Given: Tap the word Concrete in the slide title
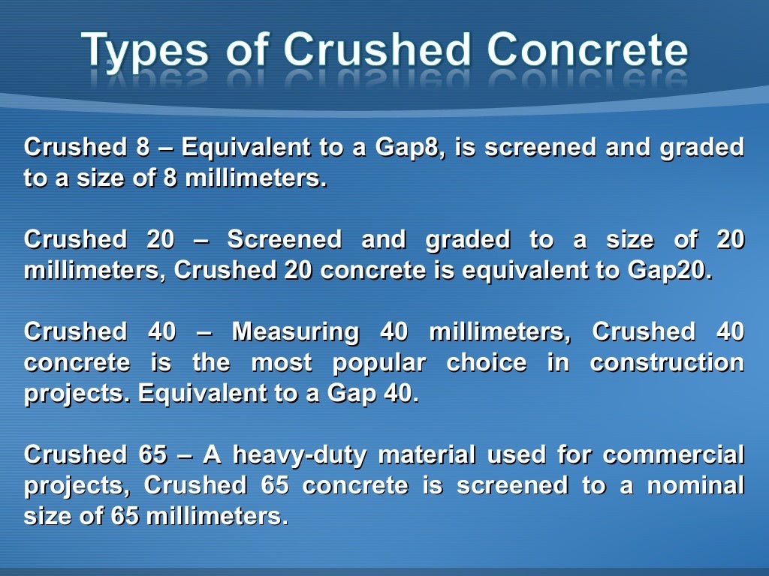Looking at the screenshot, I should pos(587,49).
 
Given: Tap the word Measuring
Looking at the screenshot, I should pos(295,331).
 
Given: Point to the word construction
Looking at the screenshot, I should pos(667,363).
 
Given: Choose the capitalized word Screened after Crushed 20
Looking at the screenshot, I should pos(284,240).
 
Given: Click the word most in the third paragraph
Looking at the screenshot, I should pos(282,363).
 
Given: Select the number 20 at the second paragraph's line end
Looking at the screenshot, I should pos(729,240).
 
